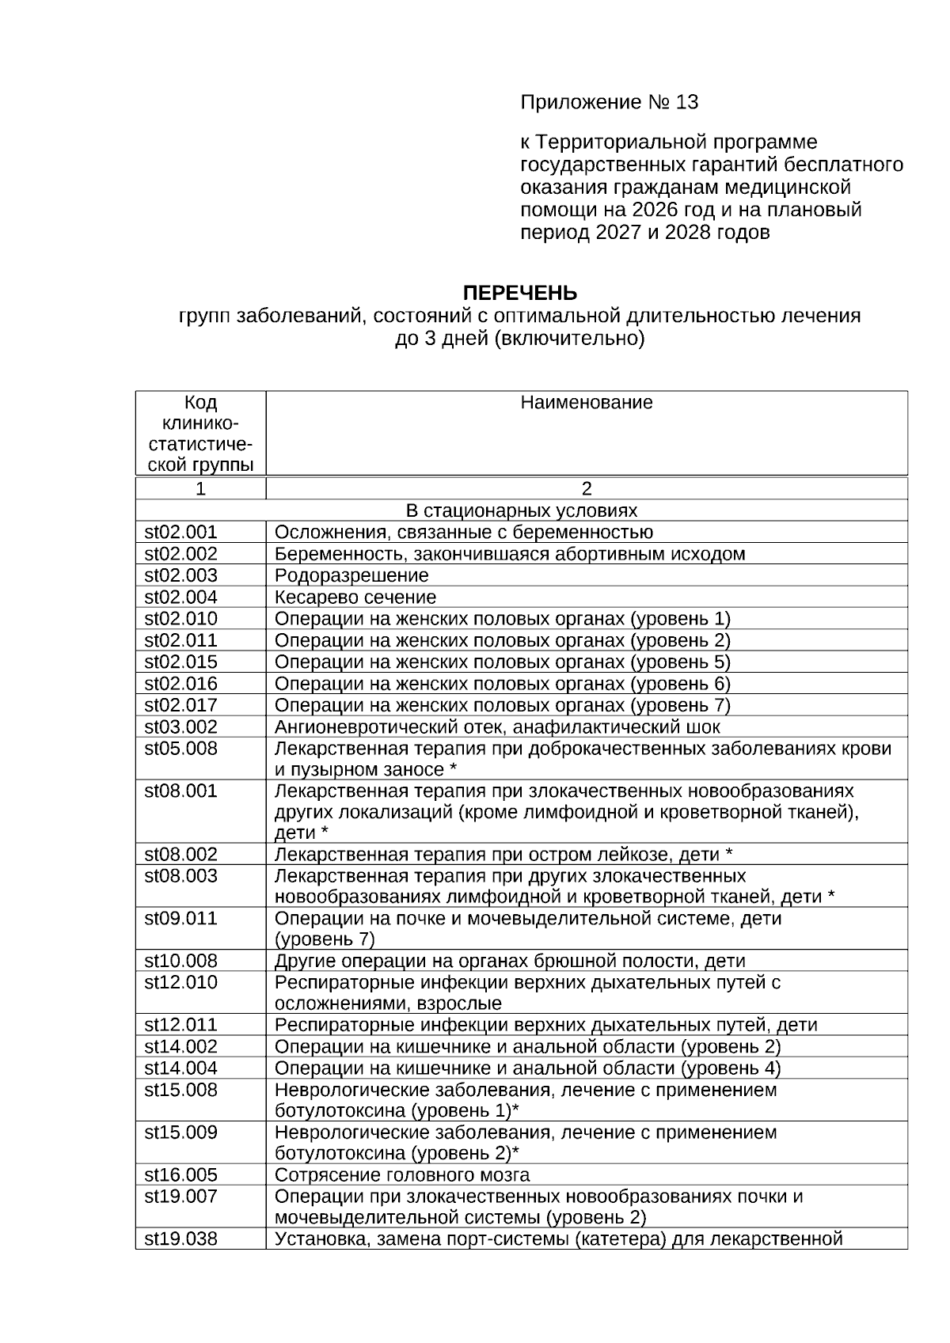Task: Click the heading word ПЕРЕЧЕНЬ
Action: pyautogui.click(x=520, y=294)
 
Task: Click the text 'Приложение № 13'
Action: pyautogui.click(x=609, y=102)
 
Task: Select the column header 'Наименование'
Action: pyautogui.click(x=587, y=402)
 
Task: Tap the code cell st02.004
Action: pyautogui.click(x=180, y=597)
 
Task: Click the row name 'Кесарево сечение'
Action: pyautogui.click(x=355, y=597)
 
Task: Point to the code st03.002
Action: pyautogui.click(x=180, y=727)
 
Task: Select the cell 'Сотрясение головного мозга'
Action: pyautogui.click(x=402, y=1174)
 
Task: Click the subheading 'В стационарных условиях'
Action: pyautogui.click(x=521, y=510)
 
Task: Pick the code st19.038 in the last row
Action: pyautogui.click(x=180, y=1239)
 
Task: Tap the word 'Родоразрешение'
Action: pyautogui.click(x=351, y=575)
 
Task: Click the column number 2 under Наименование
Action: pyautogui.click(x=587, y=488)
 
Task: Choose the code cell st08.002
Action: pyautogui.click(x=180, y=854)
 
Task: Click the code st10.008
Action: pyautogui.click(x=180, y=961)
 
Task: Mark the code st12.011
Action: pyautogui.click(x=180, y=1025)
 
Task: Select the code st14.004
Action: pyautogui.click(x=180, y=1068)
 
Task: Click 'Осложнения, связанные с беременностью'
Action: pyautogui.click(x=464, y=532)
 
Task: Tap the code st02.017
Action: pyautogui.click(x=180, y=704)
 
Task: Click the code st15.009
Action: pyautogui.click(x=180, y=1132)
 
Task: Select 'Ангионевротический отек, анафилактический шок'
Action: pyautogui.click(x=497, y=727)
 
